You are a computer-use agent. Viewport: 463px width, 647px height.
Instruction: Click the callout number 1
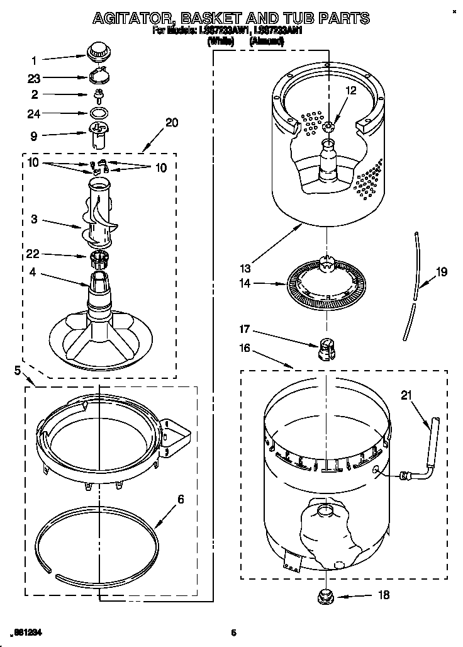[34, 60]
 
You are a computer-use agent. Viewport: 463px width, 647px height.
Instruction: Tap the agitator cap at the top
[98, 51]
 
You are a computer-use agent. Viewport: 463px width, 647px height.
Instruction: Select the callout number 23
[34, 79]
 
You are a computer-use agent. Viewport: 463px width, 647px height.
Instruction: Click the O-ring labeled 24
[98, 113]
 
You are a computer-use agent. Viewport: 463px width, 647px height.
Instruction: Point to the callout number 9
[34, 135]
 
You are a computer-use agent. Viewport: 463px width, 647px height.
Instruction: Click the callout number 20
[171, 123]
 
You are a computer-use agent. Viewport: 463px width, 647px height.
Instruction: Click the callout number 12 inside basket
[350, 91]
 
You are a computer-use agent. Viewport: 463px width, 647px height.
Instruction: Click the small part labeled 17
[326, 345]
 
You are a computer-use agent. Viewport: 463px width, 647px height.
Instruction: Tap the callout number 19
[442, 272]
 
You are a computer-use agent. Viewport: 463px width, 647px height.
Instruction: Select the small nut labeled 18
[326, 594]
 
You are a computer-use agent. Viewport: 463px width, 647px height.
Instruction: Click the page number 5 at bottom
[233, 633]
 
